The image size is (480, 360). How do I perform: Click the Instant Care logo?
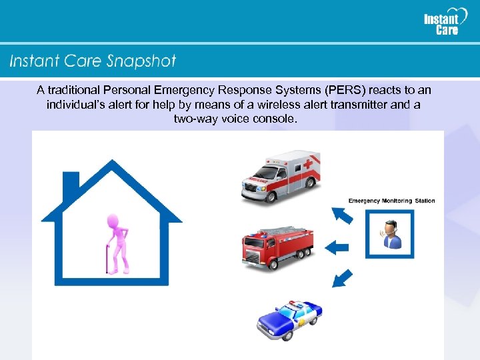(441, 23)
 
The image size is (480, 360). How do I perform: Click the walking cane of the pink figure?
(107, 259)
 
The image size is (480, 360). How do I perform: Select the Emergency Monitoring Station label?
(391, 201)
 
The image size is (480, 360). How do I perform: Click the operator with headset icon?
(389, 234)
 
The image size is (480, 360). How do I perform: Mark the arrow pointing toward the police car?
(341, 278)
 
